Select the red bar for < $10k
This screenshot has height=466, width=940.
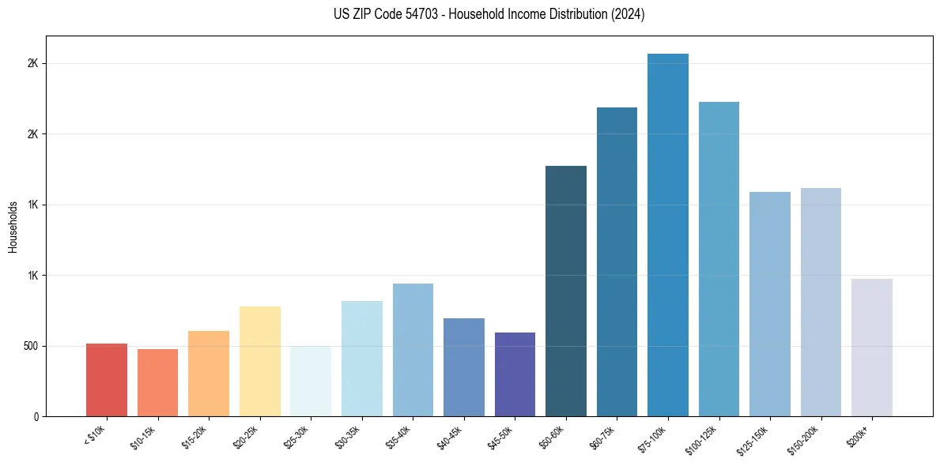coord(107,380)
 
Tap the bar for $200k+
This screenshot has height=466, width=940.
coord(872,348)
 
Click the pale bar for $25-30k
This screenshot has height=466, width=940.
coord(311,381)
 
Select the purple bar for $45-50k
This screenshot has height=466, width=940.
coord(515,374)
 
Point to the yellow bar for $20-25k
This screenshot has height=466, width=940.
coord(260,361)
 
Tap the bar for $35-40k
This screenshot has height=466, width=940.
coord(413,350)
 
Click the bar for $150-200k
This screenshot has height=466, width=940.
coord(821,302)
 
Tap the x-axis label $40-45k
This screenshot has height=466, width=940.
coord(450,437)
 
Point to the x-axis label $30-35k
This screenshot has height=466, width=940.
coord(348,437)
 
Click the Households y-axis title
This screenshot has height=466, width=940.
coord(13,227)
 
